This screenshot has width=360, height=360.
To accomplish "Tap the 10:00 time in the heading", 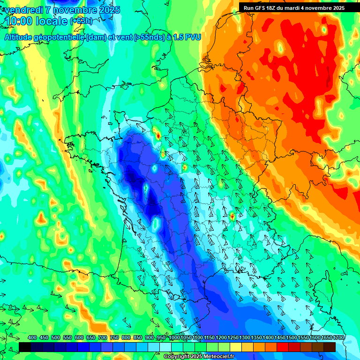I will coord(19,21).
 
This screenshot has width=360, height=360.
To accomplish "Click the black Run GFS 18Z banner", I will coord(294,7).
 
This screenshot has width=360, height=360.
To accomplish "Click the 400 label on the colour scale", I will coord(32,338).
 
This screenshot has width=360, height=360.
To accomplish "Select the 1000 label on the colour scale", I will coord(174,338).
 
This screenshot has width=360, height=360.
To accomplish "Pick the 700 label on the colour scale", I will coord(103,338).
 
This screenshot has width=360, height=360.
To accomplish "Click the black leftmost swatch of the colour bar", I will coord(25,347).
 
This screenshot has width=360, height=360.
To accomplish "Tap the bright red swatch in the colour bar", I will coord(283,347).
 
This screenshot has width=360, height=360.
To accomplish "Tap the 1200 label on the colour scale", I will coord(221,338).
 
